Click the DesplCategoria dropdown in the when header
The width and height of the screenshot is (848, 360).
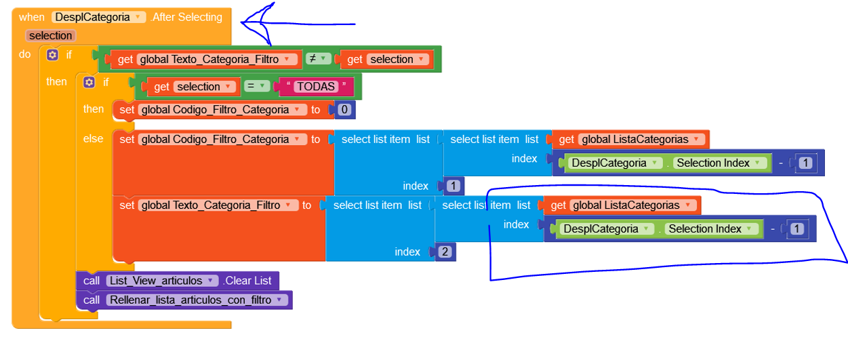pyautogui.click(x=99, y=17)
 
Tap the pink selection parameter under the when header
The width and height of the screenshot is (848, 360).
pyautogui.click(x=50, y=35)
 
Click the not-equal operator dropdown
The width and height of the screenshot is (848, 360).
pyautogui.click(x=317, y=59)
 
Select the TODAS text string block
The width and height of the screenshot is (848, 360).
pyautogui.click(x=317, y=87)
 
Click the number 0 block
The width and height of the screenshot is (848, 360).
pyautogui.click(x=345, y=110)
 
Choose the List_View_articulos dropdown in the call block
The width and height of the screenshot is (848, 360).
pyautogui.click(x=161, y=281)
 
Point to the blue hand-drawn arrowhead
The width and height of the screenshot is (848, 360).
pyautogui.click(x=245, y=24)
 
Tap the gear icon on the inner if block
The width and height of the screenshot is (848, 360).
pyautogui.click(x=89, y=82)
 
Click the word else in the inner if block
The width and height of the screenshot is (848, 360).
pyautogui.click(x=93, y=138)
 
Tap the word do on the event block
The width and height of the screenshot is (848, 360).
pyautogui.click(x=24, y=54)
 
